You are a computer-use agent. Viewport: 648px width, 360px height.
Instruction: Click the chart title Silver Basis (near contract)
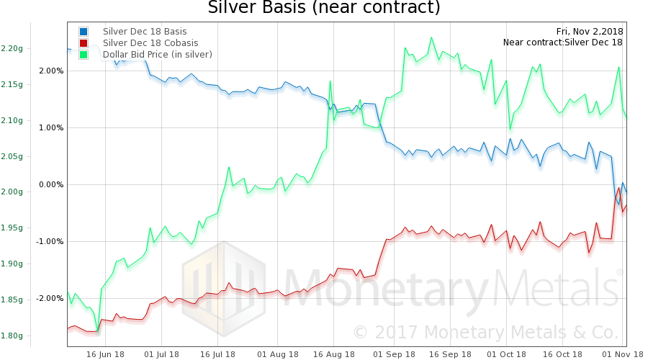323,9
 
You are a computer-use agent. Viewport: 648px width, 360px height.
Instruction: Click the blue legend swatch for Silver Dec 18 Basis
84,32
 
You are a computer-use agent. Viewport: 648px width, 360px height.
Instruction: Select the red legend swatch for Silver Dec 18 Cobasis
84,43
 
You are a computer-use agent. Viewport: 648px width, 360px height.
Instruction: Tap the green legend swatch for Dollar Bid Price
84,55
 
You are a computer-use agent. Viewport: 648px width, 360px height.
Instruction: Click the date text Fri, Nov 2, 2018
590,31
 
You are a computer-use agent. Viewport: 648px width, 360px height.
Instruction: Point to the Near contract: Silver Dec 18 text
562,42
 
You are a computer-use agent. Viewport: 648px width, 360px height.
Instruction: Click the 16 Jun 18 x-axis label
107,354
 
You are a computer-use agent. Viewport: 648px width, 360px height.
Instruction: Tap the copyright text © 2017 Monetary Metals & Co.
485,333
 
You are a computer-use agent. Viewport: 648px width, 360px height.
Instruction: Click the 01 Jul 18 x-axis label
162,354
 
